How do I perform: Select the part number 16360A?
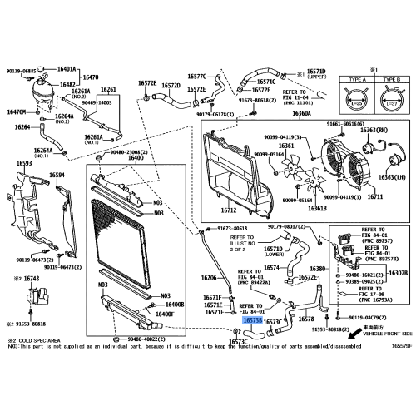[302, 113]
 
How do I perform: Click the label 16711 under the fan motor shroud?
[375, 197]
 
